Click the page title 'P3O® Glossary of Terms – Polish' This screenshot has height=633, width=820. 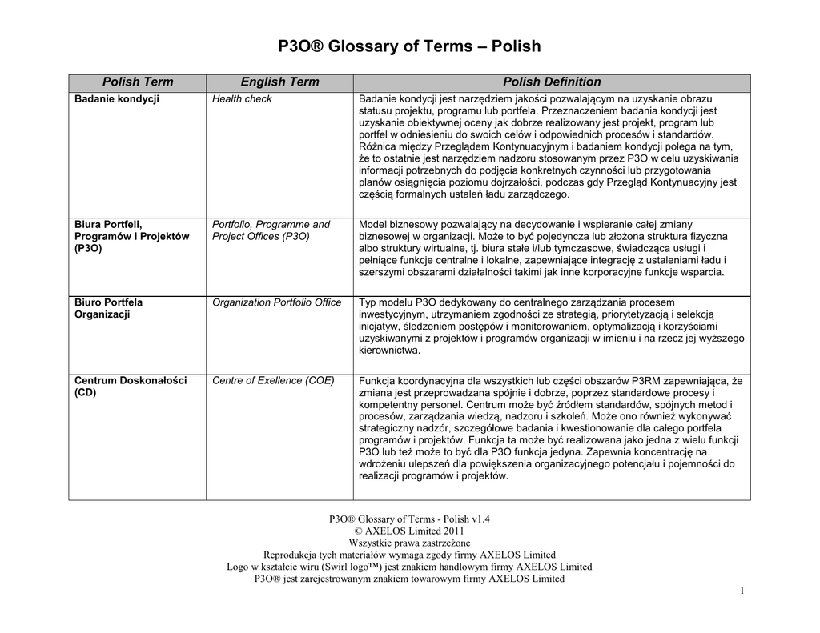pos(409,46)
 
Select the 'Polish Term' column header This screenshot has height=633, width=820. pos(137,82)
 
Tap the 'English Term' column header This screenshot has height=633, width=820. pos(279,82)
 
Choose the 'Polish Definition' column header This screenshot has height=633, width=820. pos(552,82)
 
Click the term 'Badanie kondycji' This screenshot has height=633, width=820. pos(117,99)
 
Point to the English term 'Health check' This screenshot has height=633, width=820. pos(242,99)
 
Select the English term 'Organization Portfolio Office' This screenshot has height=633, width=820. pos(276,302)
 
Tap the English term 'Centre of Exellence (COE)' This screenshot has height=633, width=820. pos(273,380)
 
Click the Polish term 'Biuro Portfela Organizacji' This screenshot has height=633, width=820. pos(109,308)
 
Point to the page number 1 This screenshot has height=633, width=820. pos(742,591)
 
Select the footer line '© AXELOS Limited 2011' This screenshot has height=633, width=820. pos(409,531)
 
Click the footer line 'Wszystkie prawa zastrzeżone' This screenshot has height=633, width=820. pos(409,543)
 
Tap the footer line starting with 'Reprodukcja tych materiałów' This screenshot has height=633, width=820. pos(409,555)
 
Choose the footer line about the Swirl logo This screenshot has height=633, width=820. pos(409,567)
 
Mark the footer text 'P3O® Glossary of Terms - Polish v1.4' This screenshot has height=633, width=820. pos(409,519)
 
